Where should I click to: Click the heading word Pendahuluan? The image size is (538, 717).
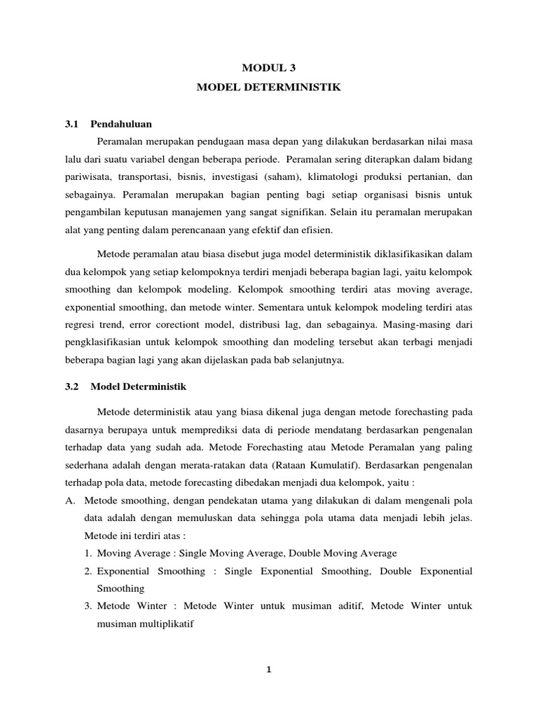121,124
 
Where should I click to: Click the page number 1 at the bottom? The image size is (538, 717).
268,669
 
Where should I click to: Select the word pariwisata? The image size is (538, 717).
88,178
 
